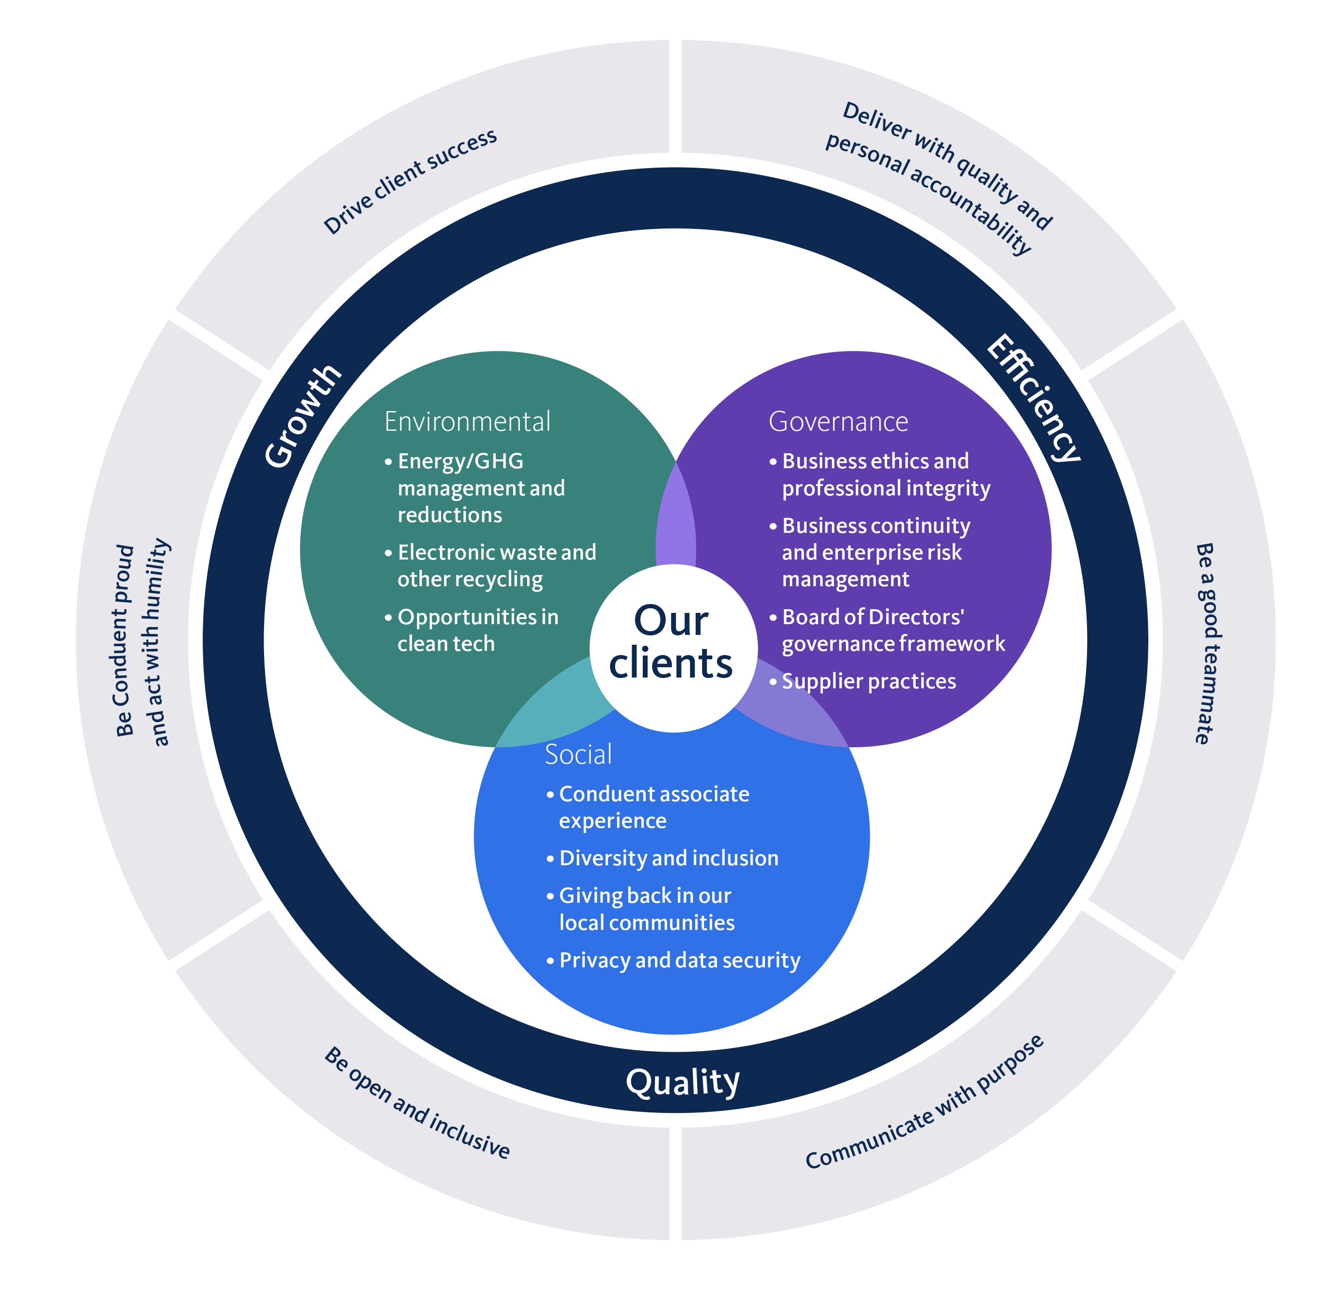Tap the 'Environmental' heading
pyautogui.click(x=467, y=422)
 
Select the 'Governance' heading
pyautogui.click(x=838, y=422)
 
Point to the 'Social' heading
pyautogui.click(x=579, y=754)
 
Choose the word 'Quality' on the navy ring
pyautogui.click(x=682, y=1082)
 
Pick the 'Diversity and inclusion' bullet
pyautogui.click(x=668, y=858)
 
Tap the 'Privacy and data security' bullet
pyautogui.click(x=679, y=960)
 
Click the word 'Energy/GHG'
pyautogui.click(x=461, y=461)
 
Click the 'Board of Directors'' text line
pyautogui.click(x=873, y=617)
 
